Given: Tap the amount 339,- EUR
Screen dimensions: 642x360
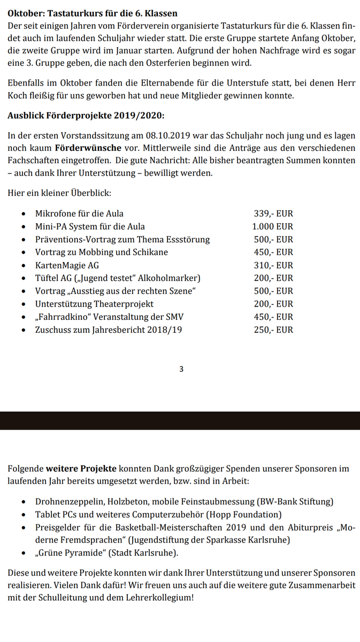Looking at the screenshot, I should pos(273,213).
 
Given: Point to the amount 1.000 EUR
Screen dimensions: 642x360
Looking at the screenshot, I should pos(273,226).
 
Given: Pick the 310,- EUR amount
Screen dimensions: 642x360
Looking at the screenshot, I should pos(273,265).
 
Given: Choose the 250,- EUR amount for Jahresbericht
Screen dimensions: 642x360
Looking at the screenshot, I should pos(273,330).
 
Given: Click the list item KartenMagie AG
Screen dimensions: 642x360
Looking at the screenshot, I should pos(67,265).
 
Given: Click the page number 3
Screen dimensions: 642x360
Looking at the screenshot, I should pos(181,369).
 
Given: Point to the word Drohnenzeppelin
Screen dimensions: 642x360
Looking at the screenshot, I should pos(69,502).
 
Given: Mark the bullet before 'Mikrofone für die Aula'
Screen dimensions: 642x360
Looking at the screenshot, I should pos(23,214).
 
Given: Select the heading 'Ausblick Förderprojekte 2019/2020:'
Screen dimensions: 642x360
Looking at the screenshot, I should pos(86,116).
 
